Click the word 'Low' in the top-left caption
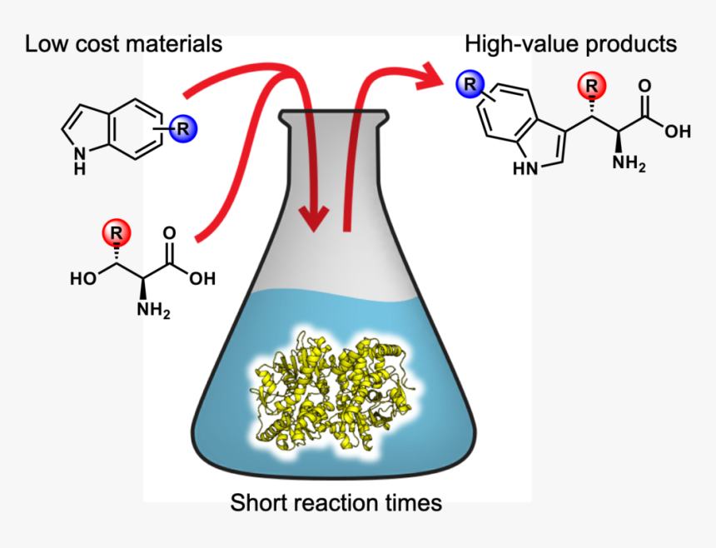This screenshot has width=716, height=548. pos(43,43)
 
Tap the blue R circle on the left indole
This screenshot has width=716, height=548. pos(183,128)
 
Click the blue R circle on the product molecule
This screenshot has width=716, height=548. pos(470,83)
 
